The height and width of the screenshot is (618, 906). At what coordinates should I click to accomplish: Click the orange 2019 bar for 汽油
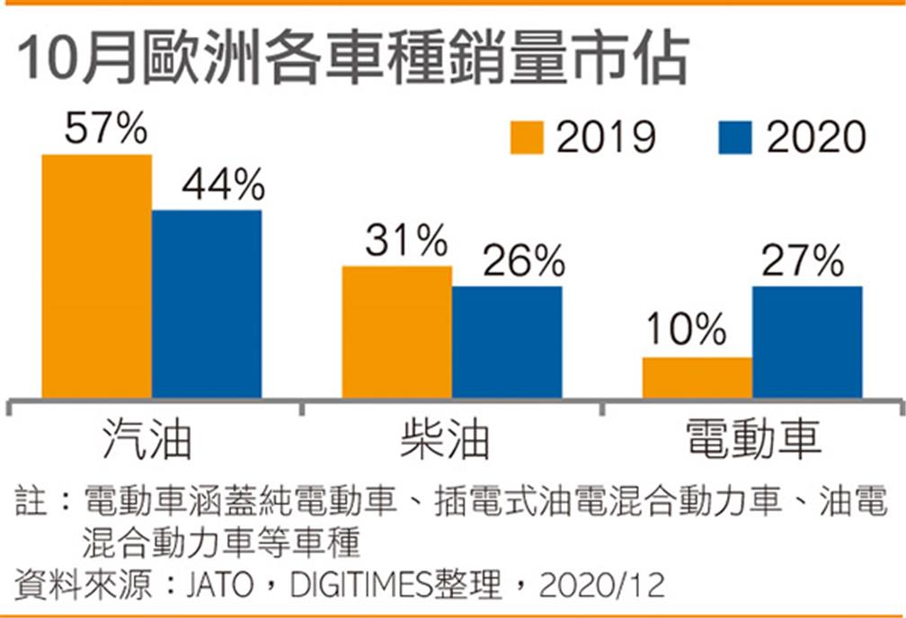(97, 276)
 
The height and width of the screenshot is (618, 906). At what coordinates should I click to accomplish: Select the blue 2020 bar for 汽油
(207, 304)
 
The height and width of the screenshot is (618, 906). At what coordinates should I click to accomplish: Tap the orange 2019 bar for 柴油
(397, 331)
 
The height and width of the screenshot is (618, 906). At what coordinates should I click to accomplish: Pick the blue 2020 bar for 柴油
(507, 341)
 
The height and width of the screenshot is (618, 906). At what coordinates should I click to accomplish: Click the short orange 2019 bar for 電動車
(697, 377)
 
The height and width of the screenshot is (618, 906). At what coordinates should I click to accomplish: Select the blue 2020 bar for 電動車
(807, 341)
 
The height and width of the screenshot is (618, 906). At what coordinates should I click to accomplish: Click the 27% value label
(803, 262)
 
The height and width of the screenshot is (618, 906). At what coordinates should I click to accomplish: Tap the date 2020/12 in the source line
(602, 586)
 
